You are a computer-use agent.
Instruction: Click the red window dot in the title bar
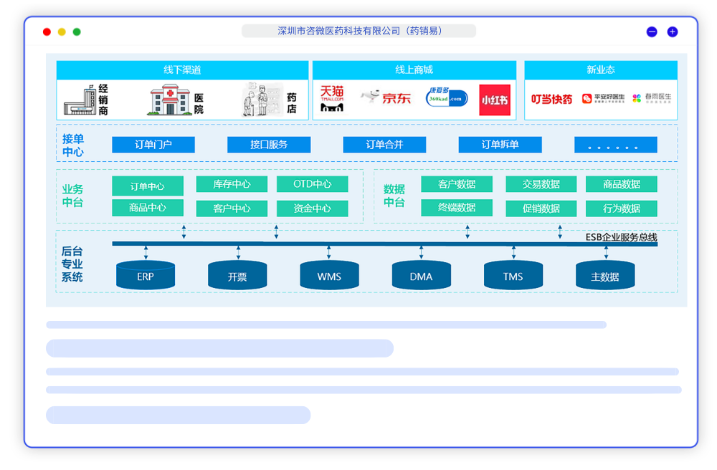pyautogui.click(x=47, y=32)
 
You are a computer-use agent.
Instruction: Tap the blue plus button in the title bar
pyautogui.click(x=673, y=32)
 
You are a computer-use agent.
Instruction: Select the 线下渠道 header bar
pyautogui.click(x=182, y=70)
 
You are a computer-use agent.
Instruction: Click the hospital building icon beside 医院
pyautogui.click(x=169, y=100)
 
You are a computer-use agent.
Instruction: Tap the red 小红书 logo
pyautogui.click(x=495, y=100)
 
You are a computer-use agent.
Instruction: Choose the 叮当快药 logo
pyautogui.click(x=551, y=99)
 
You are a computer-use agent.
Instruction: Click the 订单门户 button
pyautogui.click(x=153, y=145)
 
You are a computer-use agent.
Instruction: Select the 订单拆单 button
pyautogui.click(x=500, y=145)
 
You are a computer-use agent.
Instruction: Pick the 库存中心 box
pyautogui.click(x=232, y=184)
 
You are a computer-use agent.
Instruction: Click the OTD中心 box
pyautogui.click(x=312, y=184)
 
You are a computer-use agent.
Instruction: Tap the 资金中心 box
pyautogui.click(x=312, y=208)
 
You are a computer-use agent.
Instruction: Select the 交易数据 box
pyautogui.click(x=541, y=184)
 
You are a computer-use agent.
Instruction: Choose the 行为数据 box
pyautogui.click(x=621, y=208)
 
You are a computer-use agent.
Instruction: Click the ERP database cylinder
pyautogui.click(x=146, y=276)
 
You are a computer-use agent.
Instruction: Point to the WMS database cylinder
pyautogui.click(x=329, y=276)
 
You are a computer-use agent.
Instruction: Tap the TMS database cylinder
pyautogui.click(x=513, y=276)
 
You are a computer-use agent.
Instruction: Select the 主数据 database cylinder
pyautogui.click(x=604, y=276)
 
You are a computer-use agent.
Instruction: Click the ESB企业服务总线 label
pyautogui.click(x=621, y=237)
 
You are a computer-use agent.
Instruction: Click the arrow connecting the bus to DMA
pyautogui.click(x=421, y=252)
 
